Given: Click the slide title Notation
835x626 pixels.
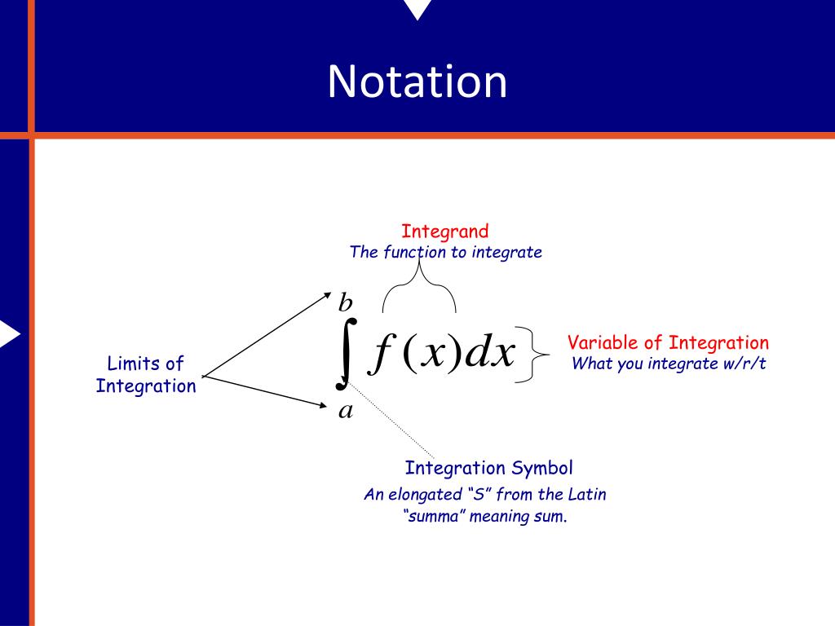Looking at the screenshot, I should click(417, 82).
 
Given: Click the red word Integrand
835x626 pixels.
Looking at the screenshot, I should click(444, 231).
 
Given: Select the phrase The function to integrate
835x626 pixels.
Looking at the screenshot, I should click(445, 252).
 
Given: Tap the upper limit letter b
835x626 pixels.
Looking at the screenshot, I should click(345, 304).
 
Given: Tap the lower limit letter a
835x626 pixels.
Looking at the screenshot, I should click(346, 410).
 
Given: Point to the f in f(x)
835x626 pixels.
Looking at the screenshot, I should click(378, 355).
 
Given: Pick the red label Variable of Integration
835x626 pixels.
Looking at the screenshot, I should click(668, 342).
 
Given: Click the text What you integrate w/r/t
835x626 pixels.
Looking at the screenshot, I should click(669, 364).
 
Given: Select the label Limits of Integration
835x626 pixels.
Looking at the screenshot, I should click(146, 375).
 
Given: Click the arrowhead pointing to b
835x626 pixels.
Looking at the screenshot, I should click(327, 296).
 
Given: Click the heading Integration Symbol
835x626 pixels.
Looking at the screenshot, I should click(488, 468).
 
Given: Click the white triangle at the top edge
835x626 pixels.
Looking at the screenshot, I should click(417, 8).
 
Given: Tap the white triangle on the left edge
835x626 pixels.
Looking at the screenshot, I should click(8, 334).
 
